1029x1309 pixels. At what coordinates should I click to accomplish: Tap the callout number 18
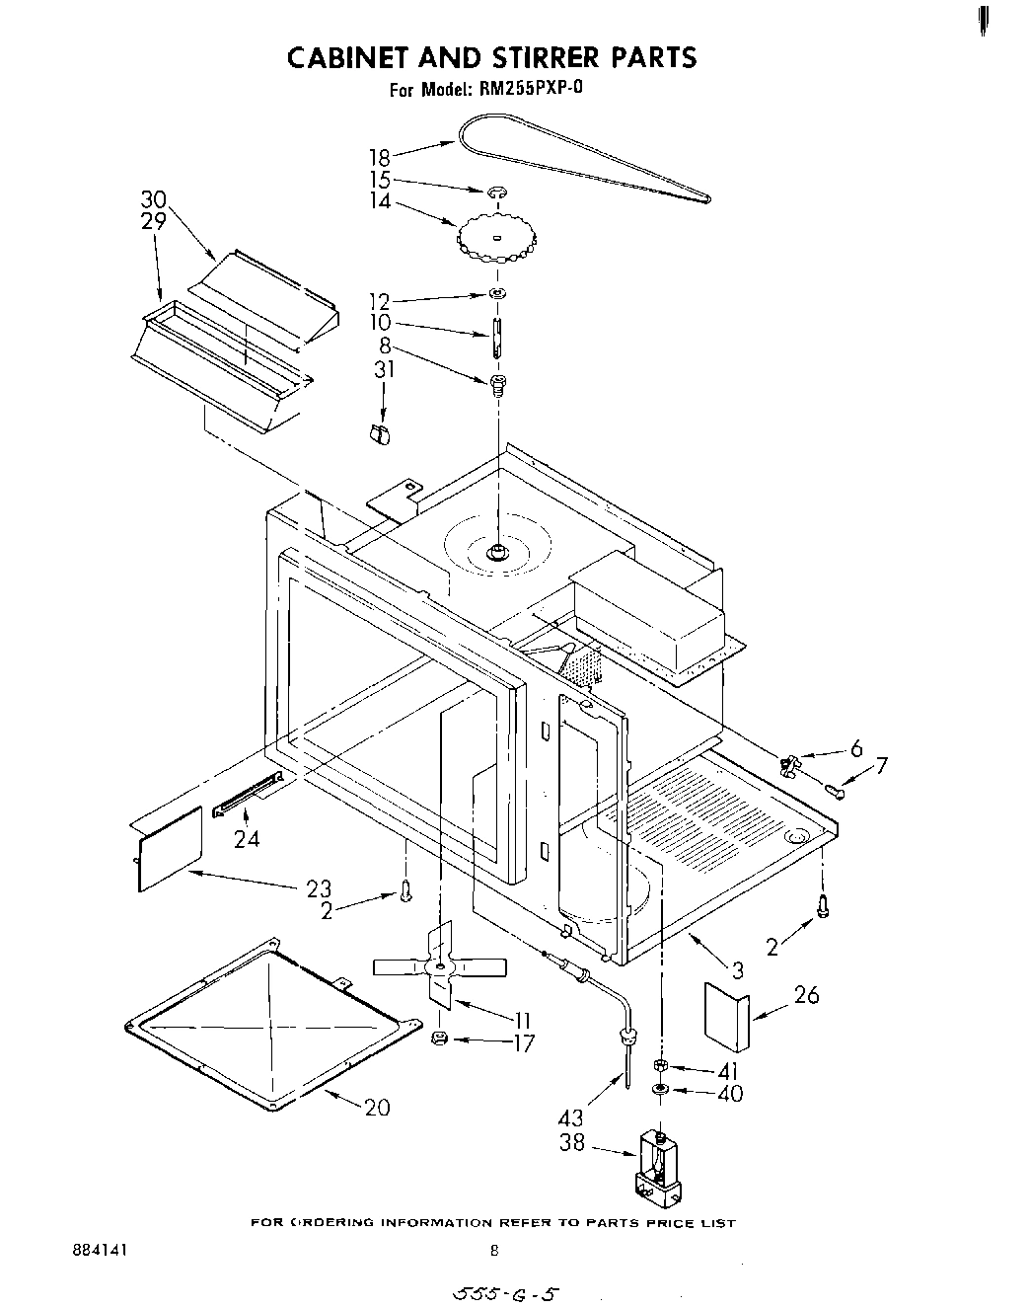pyautogui.click(x=380, y=157)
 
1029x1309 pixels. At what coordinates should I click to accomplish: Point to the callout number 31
pyautogui.click(x=384, y=369)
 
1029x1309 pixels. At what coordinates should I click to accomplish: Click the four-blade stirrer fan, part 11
pyautogui.click(x=440, y=965)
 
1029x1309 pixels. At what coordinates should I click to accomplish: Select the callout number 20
pyautogui.click(x=377, y=1108)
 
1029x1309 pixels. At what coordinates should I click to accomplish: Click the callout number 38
pyautogui.click(x=571, y=1143)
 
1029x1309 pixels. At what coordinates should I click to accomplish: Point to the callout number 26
pyautogui.click(x=806, y=994)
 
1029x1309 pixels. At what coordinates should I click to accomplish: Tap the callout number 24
pyautogui.click(x=247, y=840)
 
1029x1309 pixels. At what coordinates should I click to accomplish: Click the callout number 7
pyautogui.click(x=881, y=765)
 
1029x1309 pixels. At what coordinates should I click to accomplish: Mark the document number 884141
pyautogui.click(x=100, y=1250)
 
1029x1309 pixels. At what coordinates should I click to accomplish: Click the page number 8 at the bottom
pyautogui.click(x=495, y=1250)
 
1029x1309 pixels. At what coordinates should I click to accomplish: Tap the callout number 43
pyautogui.click(x=570, y=1117)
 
